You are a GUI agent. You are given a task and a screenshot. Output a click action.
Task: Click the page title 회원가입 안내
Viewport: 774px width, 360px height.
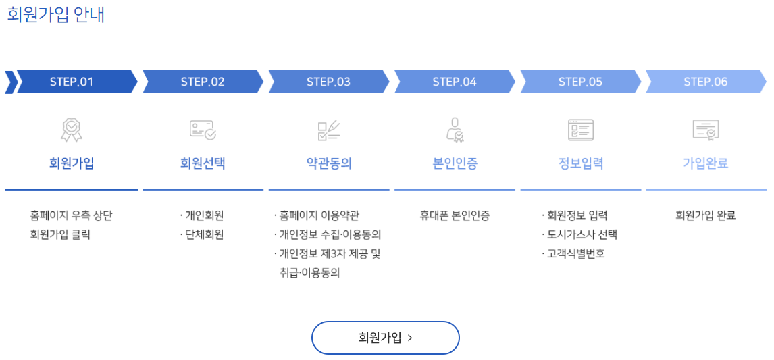click(56, 15)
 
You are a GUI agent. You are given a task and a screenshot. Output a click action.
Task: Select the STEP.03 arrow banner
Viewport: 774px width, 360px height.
click(328, 82)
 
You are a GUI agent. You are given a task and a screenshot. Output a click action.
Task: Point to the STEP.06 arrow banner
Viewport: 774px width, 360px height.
click(706, 82)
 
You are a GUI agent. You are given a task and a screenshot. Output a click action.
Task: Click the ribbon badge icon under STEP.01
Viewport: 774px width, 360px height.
click(72, 130)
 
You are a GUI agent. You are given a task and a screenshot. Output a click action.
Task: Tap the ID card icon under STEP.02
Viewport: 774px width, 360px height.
click(203, 130)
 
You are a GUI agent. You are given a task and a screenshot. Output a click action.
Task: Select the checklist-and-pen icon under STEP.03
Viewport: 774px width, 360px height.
click(329, 130)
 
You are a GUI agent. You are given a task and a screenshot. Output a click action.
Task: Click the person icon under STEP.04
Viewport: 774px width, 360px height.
click(455, 130)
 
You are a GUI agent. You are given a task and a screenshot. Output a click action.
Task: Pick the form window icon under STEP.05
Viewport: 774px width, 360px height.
click(581, 130)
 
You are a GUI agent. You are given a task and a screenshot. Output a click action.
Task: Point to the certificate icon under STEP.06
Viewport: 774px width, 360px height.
click(706, 130)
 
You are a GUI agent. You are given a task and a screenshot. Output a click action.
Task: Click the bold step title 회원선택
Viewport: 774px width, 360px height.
click(203, 163)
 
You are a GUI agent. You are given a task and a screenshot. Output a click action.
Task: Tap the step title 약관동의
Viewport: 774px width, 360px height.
click(329, 163)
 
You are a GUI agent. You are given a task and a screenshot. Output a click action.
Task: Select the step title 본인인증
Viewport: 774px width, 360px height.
click(455, 163)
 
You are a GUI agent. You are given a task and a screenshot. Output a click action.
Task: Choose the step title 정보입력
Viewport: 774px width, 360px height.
click(581, 163)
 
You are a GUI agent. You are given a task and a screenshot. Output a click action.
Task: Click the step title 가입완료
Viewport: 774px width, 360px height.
click(706, 163)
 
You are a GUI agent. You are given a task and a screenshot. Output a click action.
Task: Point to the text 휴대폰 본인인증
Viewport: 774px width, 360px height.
click(455, 216)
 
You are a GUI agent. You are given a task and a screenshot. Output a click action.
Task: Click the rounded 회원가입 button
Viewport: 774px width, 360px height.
click(385, 338)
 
